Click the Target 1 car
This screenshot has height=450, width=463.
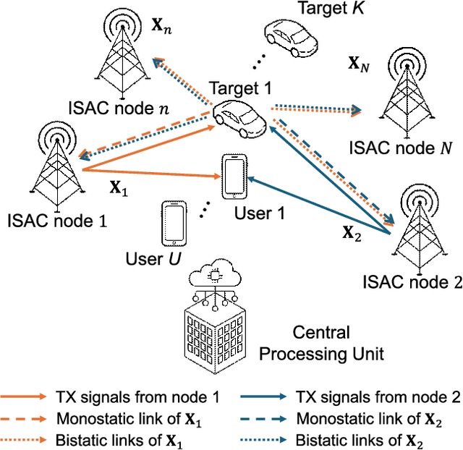239,116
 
